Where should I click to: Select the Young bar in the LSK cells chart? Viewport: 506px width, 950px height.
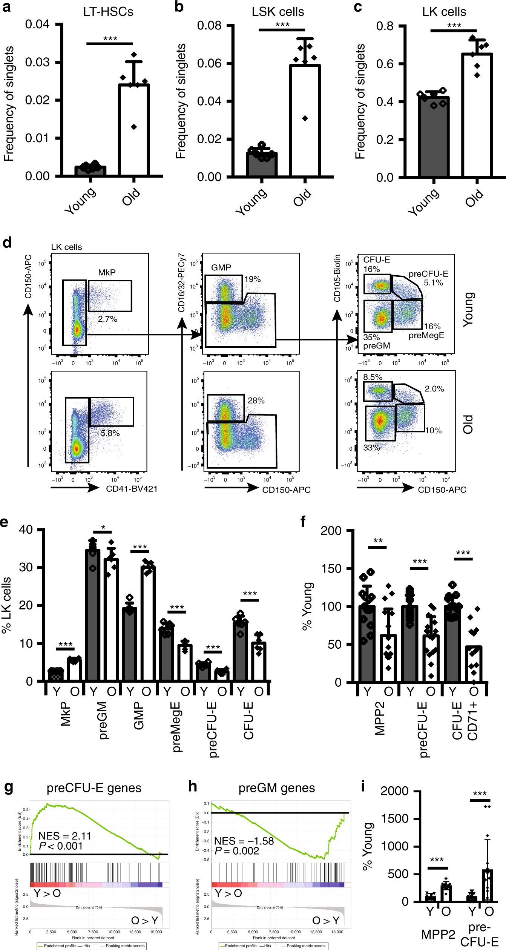pyautogui.click(x=262, y=164)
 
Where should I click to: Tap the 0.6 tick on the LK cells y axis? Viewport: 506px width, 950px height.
pyautogui.click(x=385, y=64)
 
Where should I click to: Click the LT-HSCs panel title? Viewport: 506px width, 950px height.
pyautogui.click(x=108, y=12)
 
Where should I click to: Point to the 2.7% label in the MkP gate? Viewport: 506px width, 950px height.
pyautogui.click(x=107, y=319)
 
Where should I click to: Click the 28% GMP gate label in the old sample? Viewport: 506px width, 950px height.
pyautogui.click(x=256, y=401)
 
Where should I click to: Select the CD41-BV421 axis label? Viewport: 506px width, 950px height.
pyautogui.click(x=132, y=489)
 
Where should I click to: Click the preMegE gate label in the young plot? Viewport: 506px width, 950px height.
pyautogui.click(x=426, y=335)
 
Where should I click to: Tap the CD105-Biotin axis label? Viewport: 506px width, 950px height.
pyautogui.click(x=337, y=278)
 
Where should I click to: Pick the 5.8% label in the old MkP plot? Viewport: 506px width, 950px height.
pyautogui.click(x=110, y=433)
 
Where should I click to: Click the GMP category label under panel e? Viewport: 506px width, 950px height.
pyautogui.click(x=139, y=715)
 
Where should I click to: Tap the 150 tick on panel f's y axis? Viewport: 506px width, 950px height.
pyautogui.click(x=331, y=568)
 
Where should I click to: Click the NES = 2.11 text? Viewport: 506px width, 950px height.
pyautogui.click(x=65, y=836)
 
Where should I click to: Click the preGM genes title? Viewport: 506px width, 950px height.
pyautogui.click(x=276, y=788)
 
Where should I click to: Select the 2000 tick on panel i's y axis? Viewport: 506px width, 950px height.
pyautogui.click(x=394, y=791)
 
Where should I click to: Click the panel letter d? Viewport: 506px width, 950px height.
pyautogui.click(x=7, y=242)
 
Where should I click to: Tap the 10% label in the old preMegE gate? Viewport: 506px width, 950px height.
pyautogui.click(x=433, y=430)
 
